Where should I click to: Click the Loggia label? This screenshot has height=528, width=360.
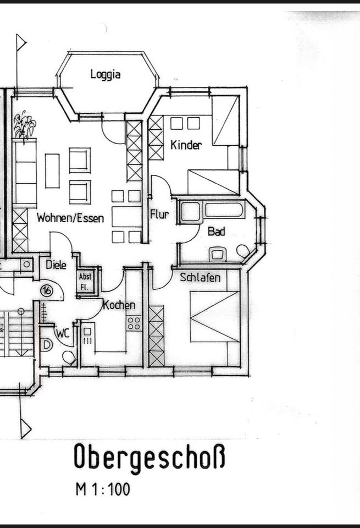106,74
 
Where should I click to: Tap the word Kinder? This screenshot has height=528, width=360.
186,145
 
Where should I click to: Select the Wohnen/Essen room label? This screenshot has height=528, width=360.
70,218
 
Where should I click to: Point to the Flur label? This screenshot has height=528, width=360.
159,214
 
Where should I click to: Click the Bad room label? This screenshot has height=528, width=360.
217,232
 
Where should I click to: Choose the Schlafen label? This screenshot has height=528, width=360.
200,277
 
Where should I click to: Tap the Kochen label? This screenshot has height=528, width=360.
119,305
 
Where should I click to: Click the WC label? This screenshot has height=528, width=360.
63,333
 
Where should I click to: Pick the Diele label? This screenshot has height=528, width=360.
56,265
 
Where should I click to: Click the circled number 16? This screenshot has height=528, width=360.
47,290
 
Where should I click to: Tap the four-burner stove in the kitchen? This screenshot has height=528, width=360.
134,323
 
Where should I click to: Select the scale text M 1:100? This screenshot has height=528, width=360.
103,490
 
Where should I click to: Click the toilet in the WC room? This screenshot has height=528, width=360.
69,358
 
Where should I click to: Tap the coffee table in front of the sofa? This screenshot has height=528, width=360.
52,170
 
